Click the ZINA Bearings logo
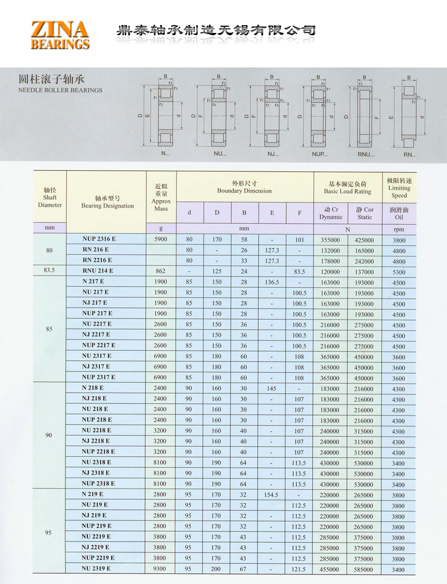(x=60, y=35)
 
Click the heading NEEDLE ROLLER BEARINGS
(x=60, y=90)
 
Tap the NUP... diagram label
(x=320, y=153)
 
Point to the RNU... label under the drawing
(x=366, y=153)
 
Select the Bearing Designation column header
(x=107, y=202)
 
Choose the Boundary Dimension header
(x=245, y=187)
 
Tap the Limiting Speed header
(x=399, y=188)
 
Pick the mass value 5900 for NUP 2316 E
(x=160, y=240)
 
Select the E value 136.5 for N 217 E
(x=272, y=282)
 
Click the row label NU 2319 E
(x=97, y=568)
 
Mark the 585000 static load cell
(x=364, y=569)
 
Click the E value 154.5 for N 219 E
(x=272, y=495)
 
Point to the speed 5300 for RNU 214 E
(x=398, y=272)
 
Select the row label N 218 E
(x=93, y=387)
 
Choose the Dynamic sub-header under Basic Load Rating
(x=331, y=213)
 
